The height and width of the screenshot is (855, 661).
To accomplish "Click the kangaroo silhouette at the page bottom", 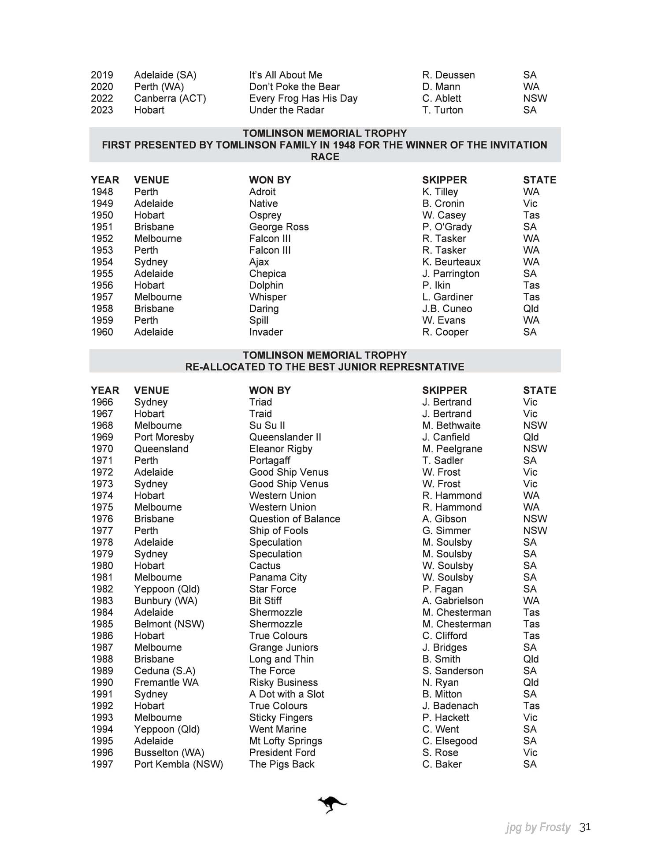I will (x=332, y=805).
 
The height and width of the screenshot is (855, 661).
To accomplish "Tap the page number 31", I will (x=585, y=827).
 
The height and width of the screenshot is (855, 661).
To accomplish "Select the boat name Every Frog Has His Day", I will (x=303, y=98).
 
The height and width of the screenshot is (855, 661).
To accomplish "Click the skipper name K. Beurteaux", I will (x=451, y=262).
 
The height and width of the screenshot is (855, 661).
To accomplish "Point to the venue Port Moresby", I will (x=164, y=437).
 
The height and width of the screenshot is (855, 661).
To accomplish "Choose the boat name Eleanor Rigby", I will (x=281, y=448).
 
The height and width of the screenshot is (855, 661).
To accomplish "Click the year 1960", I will (x=102, y=332).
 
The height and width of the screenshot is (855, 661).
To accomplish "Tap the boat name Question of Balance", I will (x=295, y=518).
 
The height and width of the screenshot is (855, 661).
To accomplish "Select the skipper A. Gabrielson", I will (x=453, y=600).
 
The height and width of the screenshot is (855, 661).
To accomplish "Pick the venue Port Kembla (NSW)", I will (x=178, y=764).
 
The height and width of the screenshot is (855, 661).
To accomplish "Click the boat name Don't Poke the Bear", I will (x=294, y=86).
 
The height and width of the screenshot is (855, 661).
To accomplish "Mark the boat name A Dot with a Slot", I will (x=286, y=694).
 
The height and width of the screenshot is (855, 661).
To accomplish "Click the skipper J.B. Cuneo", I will (x=447, y=308).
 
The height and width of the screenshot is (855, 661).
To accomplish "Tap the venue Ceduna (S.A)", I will (x=165, y=670).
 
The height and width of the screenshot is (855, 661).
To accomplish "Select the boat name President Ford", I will (x=282, y=752).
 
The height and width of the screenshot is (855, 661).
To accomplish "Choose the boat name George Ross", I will (x=279, y=226).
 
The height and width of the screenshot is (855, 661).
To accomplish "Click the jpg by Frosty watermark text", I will (x=538, y=828).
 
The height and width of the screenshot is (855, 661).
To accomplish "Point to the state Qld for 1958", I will (x=531, y=308).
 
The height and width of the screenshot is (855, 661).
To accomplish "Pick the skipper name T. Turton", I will (x=442, y=110).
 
